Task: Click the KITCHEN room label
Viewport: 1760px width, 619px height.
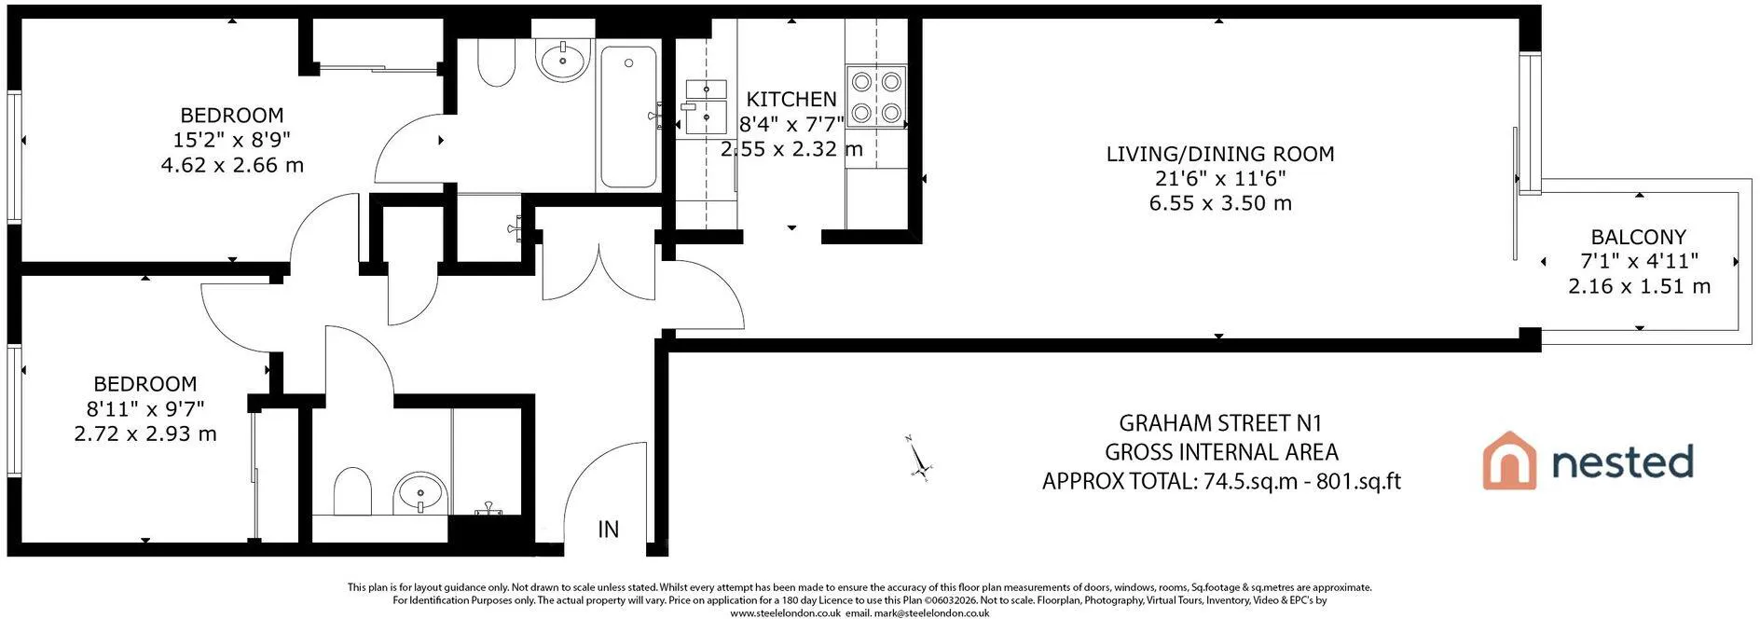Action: point(791,99)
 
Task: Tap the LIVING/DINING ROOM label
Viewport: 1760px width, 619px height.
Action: point(1220,154)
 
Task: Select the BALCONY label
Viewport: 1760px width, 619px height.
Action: point(1639,237)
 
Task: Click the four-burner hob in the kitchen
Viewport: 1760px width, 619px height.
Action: point(876,95)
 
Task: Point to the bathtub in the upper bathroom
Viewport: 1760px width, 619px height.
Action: point(628,117)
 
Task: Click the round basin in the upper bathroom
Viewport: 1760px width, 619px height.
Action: point(563,60)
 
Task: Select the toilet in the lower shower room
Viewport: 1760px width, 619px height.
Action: point(352,490)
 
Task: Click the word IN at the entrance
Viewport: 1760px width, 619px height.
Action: point(608,530)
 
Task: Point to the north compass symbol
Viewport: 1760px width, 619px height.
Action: point(919,458)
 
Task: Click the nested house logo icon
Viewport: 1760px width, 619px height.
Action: point(1509,461)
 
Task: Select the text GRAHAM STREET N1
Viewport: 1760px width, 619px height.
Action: point(1220,423)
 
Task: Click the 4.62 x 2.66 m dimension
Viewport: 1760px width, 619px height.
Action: point(232,165)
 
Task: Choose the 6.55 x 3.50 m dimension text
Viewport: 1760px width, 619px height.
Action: point(1220,203)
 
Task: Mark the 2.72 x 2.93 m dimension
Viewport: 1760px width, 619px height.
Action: point(145,433)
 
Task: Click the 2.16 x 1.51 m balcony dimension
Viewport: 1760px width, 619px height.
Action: point(1639,286)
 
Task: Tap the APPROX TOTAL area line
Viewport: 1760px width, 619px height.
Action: point(1221,481)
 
